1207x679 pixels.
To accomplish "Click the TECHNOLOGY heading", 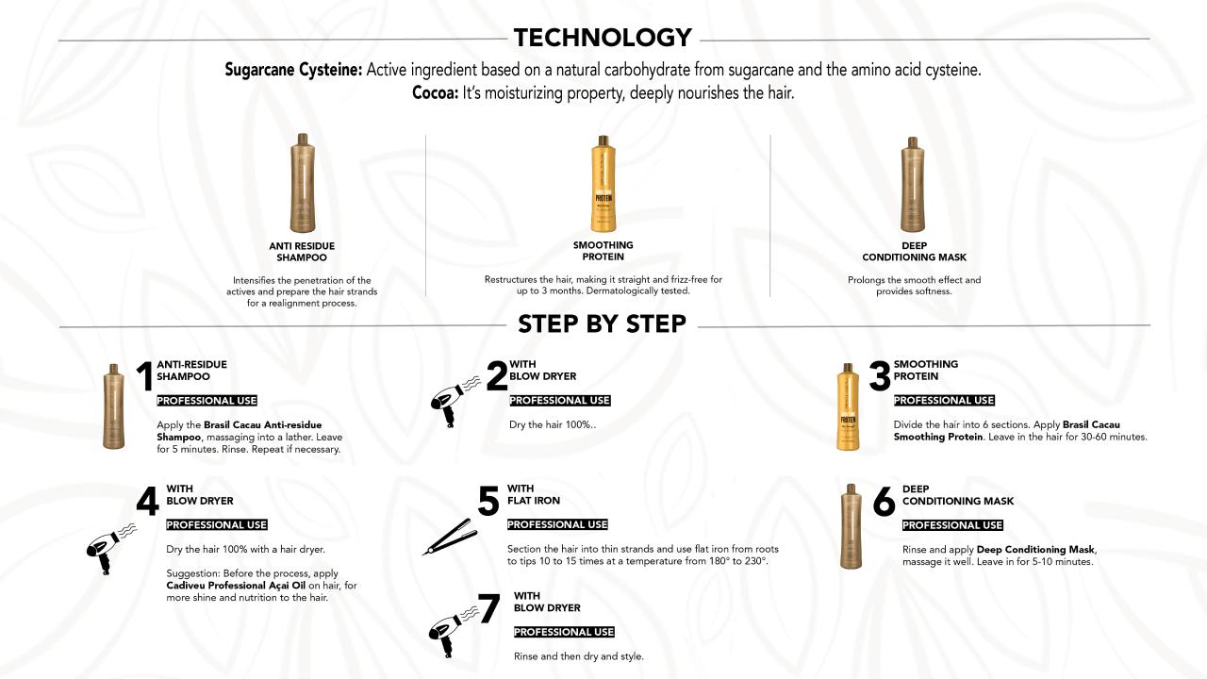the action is [x=603, y=38].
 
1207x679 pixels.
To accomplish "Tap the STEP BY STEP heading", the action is [x=602, y=323].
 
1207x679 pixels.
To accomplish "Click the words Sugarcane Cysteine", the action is [x=293, y=70].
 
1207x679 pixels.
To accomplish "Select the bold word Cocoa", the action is [x=435, y=92].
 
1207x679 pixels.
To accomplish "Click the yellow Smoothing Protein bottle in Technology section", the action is [x=603, y=184].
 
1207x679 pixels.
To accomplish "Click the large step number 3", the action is [x=880, y=375].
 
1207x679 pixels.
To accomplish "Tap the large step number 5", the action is [x=488, y=501].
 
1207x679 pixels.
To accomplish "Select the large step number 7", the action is [x=489, y=608].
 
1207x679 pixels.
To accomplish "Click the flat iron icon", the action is [x=451, y=537].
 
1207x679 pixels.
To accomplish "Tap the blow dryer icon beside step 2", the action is [x=455, y=402].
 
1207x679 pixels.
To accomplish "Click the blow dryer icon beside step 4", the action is [x=111, y=548].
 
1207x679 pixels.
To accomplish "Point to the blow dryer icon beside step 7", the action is [x=453, y=632].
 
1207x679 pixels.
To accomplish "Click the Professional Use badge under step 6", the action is [x=952, y=525].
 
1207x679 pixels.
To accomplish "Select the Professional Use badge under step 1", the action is [x=207, y=401].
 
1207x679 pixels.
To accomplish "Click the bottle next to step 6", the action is [x=851, y=526].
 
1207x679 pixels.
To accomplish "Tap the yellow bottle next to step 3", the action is [x=848, y=406].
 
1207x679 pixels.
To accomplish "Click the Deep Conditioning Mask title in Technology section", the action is [x=914, y=252].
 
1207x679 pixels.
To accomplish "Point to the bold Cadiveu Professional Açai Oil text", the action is [x=236, y=586].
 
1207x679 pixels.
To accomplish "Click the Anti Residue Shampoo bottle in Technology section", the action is [x=303, y=183].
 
